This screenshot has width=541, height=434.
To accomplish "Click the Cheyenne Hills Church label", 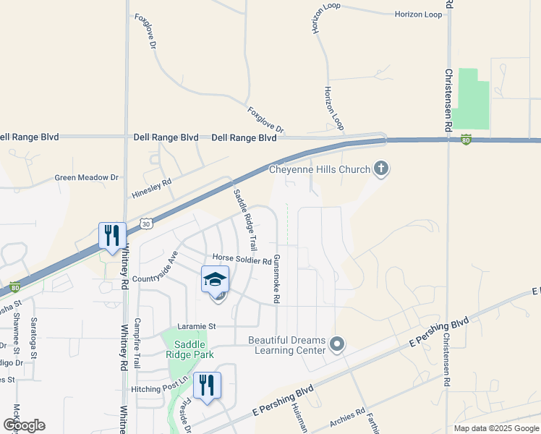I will pos(319,170).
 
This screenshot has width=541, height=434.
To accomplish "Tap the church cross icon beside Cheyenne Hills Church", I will pos(381,169).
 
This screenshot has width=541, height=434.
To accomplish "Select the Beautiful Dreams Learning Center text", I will pos(286,345).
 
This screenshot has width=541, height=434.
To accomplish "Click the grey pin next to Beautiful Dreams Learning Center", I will pos(337,344).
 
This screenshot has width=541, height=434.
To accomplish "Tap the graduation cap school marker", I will pos(215,279).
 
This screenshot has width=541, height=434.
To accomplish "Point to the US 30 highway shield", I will pos(146,225).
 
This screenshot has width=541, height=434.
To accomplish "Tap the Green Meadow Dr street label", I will pos(86,177).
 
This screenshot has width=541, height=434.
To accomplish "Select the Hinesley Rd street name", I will pos(151,190).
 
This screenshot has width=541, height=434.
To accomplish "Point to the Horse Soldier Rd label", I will pos(242,259).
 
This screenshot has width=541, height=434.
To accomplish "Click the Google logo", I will pos(24,425).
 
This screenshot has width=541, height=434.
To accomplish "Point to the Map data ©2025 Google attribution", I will pos(495,428).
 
